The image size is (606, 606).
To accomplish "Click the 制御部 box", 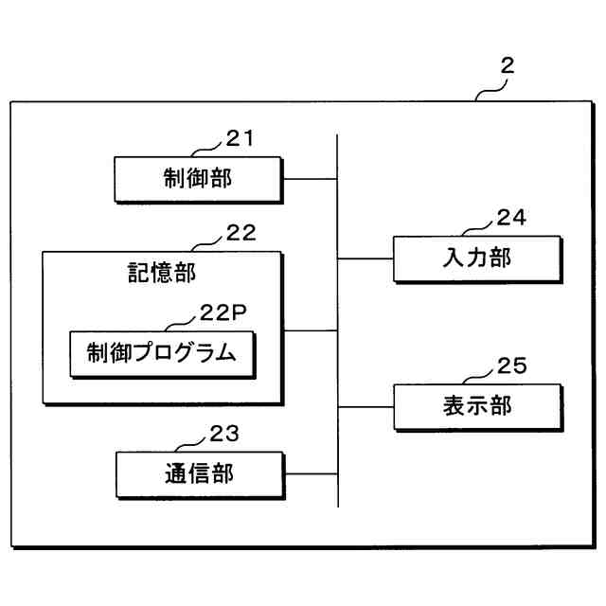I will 198,177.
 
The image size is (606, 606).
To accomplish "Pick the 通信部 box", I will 198,472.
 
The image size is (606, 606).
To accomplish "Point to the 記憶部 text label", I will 162,273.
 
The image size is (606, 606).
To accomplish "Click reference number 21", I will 240,138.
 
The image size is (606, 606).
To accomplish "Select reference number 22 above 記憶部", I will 241,233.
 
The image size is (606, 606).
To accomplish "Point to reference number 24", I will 510,217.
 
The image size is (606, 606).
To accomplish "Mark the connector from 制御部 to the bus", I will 310,178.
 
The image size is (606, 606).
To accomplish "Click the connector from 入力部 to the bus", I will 365,257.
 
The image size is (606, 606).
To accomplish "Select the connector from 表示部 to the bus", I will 365,406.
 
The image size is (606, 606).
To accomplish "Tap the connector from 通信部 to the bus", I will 310,473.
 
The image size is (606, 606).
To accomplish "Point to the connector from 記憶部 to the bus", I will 310,330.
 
